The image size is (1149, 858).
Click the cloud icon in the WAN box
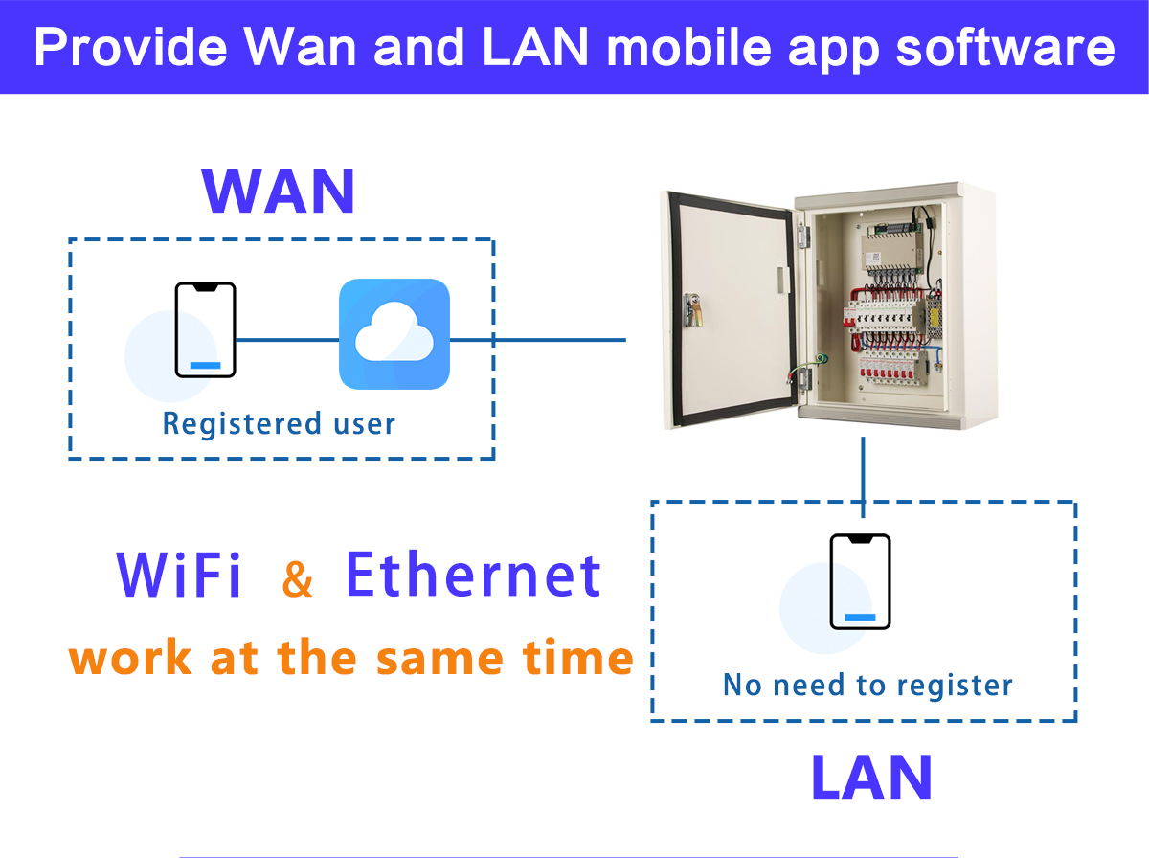pos(394,334)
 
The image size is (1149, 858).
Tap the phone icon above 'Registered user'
pos(205,329)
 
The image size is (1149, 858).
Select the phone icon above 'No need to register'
pos(860,581)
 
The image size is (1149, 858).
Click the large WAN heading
pos(279,192)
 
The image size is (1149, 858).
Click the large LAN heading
pos(870,778)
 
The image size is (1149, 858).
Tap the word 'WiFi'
pos(179,575)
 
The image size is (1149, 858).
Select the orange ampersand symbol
pos(298,579)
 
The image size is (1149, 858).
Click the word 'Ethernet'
pos(473,575)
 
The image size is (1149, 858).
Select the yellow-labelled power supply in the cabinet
pos(931,311)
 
